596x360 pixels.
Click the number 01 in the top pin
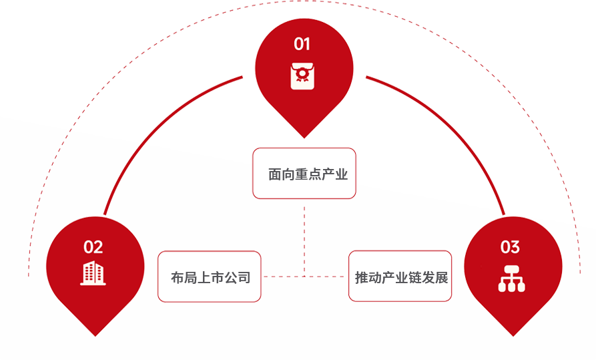(302, 44)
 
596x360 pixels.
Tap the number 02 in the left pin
(93, 247)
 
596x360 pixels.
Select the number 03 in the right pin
(510, 247)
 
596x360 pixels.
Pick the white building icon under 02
(93, 273)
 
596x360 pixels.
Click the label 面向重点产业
(304, 175)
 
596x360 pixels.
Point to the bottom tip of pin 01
(304, 138)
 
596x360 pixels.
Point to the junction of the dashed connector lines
(304, 276)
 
